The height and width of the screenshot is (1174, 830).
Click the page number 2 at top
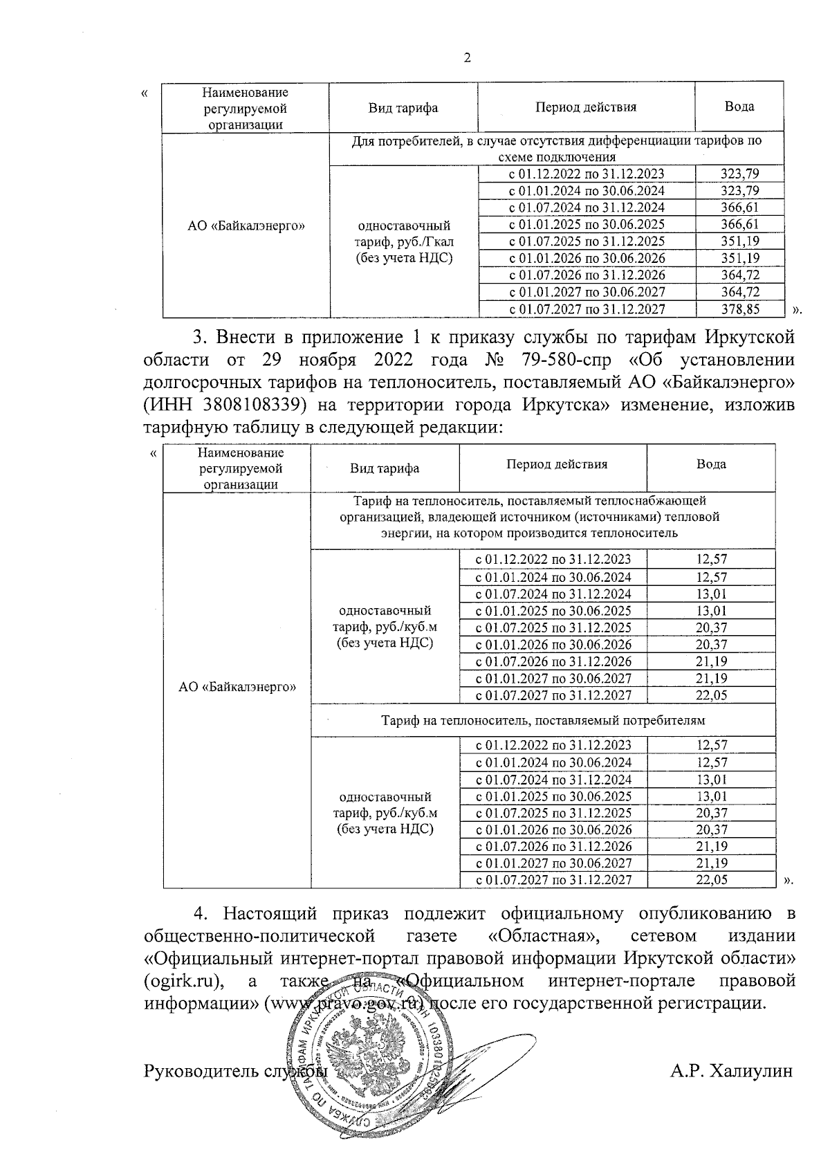click(467, 59)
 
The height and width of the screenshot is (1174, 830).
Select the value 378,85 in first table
click(739, 309)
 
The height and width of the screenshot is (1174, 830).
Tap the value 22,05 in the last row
click(712, 880)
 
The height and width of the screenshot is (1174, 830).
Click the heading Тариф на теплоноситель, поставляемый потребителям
click(543, 720)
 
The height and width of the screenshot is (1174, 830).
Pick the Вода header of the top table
click(739, 107)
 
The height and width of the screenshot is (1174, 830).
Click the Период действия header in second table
click(557, 464)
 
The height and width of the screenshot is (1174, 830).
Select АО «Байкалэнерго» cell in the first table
click(246, 226)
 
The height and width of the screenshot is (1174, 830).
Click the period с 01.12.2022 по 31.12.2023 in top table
click(587, 174)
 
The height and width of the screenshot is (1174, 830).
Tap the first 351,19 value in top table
click(739, 241)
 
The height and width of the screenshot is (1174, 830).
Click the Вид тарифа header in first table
click(403, 108)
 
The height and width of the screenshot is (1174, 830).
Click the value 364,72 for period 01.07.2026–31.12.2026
click(739, 275)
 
